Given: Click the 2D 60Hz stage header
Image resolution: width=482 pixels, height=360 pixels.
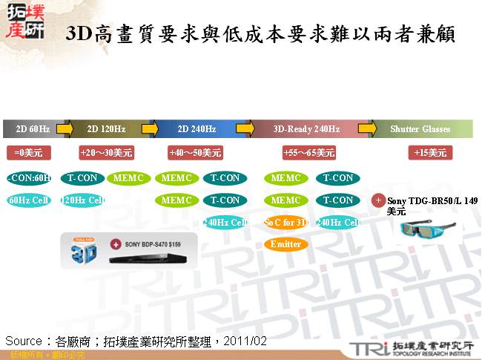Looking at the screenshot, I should pyautogui.click(x=33, y=129).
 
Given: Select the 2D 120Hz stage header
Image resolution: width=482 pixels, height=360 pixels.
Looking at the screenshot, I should pyautogui.click(x=106, y=129).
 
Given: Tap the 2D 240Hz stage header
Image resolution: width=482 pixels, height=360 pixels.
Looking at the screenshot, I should pyautogui.click(x=197, y=129).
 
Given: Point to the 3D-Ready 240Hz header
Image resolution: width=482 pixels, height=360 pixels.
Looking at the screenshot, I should pyautogui.click(x=306, y=129).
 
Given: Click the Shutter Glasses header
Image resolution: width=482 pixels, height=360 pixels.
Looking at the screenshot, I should pyautogui.click(x=420, y=129).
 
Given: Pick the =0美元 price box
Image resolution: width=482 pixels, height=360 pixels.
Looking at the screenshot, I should pyautogui.click(x=28, y=153).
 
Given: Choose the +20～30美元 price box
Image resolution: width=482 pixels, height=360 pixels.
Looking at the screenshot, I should pyautogui.click(x=106, y=153).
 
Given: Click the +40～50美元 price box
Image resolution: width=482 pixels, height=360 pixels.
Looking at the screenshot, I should pyautogui.click(x=196, y=153).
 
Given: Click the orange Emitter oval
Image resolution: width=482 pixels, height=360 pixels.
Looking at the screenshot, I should pyautogui.click(x=286, y=244).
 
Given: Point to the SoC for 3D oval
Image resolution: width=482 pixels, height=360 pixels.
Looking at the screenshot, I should pyautogui.click(x=286, y=222).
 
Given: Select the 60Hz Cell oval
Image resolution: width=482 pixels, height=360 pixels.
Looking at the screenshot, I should pyautogui.click(x=29, y=200).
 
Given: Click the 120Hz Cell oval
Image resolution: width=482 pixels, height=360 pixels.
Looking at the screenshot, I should pyautogui.click(x=82, y=200).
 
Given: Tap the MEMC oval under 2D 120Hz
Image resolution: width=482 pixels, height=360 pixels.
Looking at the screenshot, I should pyautogui.click(x=130, y=178).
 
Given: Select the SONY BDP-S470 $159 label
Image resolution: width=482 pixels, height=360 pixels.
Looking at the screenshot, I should pyautogui.click(x=156, y=243).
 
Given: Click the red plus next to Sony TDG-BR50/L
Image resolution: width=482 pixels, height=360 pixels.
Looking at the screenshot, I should pyautogui.click(x=378, y=200).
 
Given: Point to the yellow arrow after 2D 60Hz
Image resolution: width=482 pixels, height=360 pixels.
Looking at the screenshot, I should pyautogui.click(x=65, y=129).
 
